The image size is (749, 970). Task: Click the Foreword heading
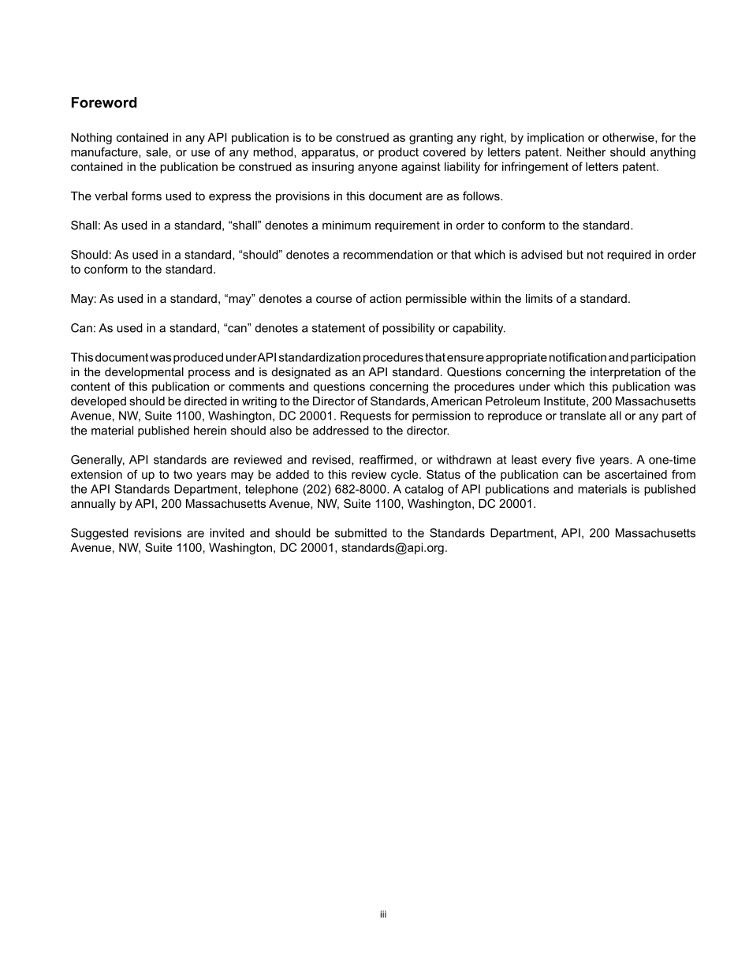pos(103,103)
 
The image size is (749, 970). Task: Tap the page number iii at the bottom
pos(382,915)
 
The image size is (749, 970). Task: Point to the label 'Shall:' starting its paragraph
pos(84,226)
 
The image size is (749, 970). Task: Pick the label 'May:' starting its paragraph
pos(83,299)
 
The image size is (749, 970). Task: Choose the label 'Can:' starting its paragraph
pos(83,328)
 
